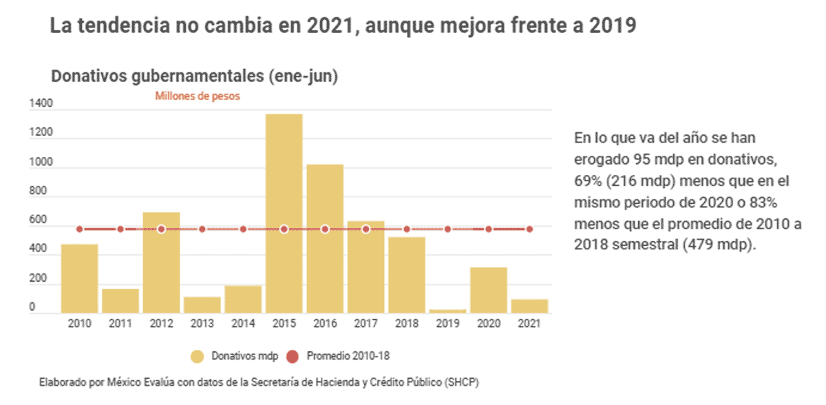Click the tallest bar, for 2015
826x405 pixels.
click(x=284, y=214)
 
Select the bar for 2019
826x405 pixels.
click(x=447, y=311)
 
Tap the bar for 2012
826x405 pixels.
click(x=161, y=262)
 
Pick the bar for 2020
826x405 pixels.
click(x=489, y=290)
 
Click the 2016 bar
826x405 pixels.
click(x=325, y=238)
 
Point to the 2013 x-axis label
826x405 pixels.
click(x=202, y=324)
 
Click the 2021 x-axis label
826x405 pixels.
click(x=529, y=324)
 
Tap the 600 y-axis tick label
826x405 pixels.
click(x=38, y=221)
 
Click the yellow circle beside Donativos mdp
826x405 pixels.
click(x=198, y=356)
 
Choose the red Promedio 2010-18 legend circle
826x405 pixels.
click(x=292, y=356)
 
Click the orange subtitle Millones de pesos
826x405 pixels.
click(x=198, y=96)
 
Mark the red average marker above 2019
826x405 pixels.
click(x=447, y=229)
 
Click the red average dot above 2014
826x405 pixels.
click(x=243, y=229)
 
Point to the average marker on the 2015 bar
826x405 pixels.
click(x=284, y=229)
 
